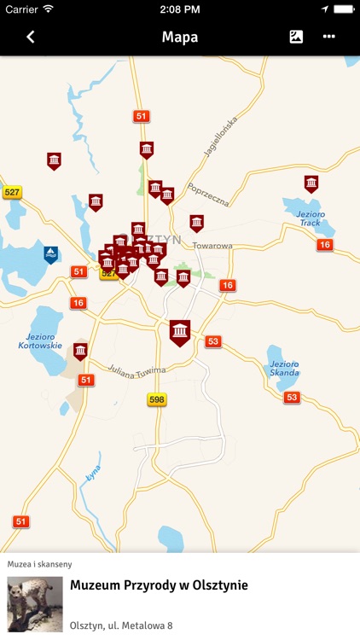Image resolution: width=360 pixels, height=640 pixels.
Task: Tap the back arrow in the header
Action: pos(31,37)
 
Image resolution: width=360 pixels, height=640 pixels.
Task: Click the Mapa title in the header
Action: pos(179,37)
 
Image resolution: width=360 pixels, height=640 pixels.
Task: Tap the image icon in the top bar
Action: pos(296,37)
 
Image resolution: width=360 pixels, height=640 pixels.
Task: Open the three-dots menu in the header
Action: pos(329,37)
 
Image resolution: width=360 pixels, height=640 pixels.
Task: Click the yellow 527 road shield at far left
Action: pos(12,193)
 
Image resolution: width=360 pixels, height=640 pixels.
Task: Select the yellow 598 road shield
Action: pos(156,399)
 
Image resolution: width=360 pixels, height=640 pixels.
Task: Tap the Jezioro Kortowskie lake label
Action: pos(39,340)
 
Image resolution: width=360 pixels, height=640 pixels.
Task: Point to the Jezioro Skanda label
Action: pos(285,368)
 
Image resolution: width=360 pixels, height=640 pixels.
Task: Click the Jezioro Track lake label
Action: pos(310,218)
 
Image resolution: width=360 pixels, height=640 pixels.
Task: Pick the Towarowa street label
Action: pos(212,245)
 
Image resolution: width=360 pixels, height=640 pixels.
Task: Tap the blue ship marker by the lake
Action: pos(51,253)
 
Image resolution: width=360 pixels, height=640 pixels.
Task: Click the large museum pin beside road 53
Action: pos(179,331)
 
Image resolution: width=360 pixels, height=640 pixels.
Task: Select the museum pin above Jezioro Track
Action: pos(311,183)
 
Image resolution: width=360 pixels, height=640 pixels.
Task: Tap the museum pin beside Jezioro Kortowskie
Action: pos(80,350)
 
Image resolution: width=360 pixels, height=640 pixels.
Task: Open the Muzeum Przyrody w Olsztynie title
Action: pos(159,585)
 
